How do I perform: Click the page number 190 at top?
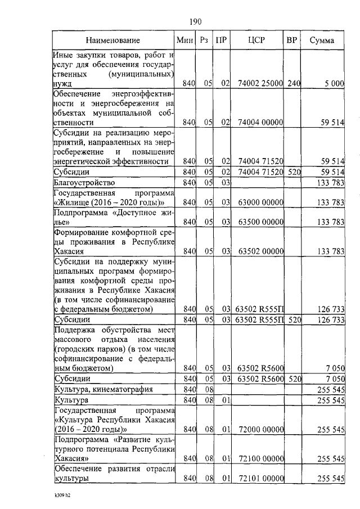[x=195, y=22]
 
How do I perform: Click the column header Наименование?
[x=112, y=40]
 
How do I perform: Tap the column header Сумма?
[x=322, y=40]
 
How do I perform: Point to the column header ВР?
[x=291, y=40]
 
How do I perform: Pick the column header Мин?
[x=185, y=40]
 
